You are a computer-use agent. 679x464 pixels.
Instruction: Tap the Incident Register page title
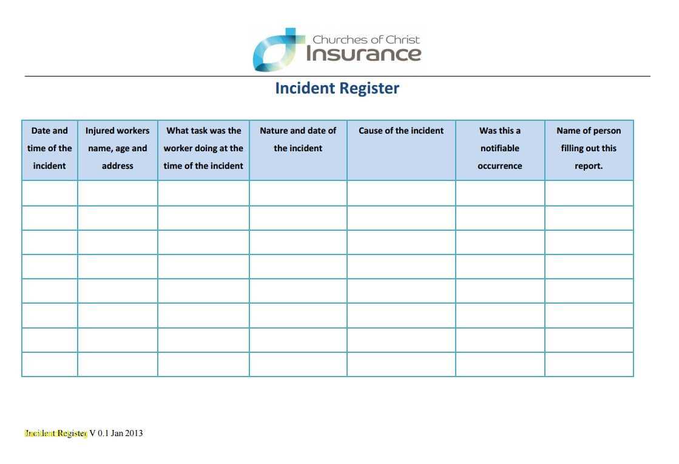point(337,88)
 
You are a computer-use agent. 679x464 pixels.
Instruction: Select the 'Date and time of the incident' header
point(50,148)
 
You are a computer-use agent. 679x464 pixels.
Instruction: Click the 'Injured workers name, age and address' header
point(117,148)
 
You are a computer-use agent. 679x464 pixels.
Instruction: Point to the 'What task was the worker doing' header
point(203,148)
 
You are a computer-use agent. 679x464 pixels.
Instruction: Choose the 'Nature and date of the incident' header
point(298,139)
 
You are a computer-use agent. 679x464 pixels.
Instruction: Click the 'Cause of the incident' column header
point(401,131)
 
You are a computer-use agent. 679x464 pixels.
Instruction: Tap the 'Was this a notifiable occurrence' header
point(500,148)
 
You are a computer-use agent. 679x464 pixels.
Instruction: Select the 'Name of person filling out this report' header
point(589,148)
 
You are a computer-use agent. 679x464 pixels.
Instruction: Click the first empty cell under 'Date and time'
point(50,193)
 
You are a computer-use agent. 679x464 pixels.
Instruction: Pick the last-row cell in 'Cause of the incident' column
point(401,364)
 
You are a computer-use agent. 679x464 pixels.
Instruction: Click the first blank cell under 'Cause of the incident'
point(401,193)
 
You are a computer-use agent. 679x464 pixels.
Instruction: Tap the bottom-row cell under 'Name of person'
point(589,364)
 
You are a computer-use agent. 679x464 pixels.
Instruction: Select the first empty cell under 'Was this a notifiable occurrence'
point(500,193)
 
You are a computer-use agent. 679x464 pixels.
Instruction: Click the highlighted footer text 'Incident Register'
point(56,434)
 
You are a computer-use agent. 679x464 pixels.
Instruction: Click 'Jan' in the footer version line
point(117,434)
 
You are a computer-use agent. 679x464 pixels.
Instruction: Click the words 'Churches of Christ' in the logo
point(366,39)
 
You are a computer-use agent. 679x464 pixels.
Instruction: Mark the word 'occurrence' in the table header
point(500,166)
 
